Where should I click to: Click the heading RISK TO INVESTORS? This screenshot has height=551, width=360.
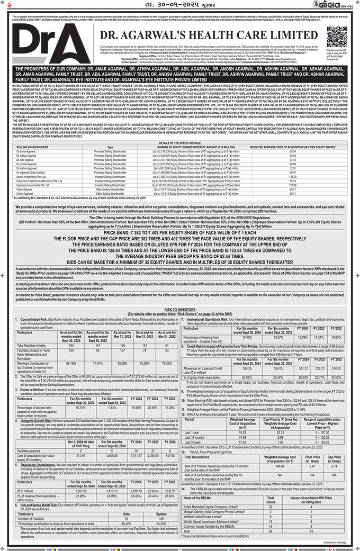tap(180, 308)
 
